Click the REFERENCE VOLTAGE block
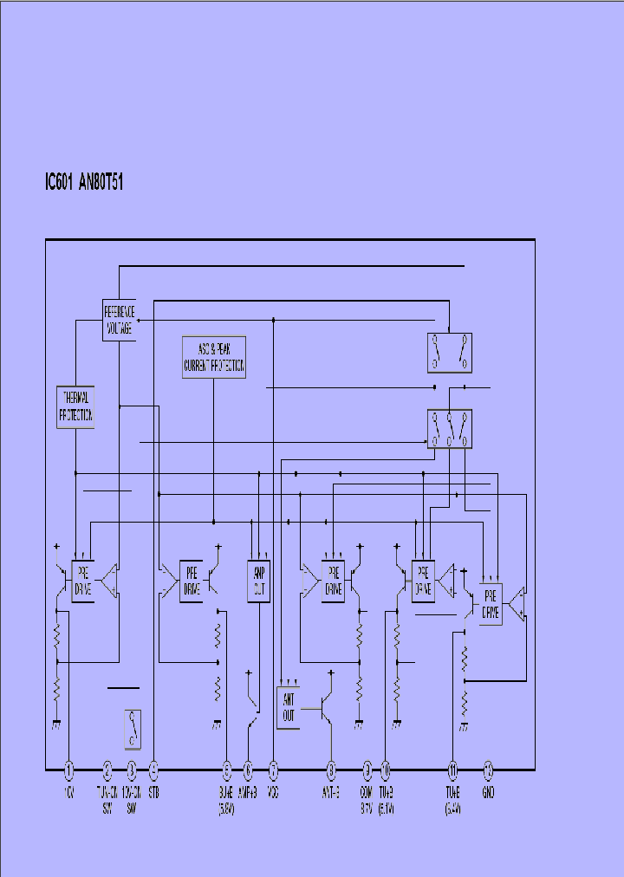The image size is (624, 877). tap(119, 321)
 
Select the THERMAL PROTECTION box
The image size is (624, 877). tap(75, 406)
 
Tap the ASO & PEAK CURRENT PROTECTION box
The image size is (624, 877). tap(213, 357)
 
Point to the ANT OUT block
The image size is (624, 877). tap(289, 707)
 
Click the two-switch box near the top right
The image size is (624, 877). tap(451, 350)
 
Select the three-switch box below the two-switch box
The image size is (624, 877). tap(451, 429)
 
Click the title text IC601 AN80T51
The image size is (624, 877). tap(83, 184)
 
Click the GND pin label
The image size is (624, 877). tap(488, 793)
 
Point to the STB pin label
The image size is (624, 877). tap(153, 793)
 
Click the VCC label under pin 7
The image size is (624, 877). tap(273, 793)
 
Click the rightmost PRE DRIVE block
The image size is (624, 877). tap(491, 604)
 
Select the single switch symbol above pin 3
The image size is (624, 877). tap(133, 728)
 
